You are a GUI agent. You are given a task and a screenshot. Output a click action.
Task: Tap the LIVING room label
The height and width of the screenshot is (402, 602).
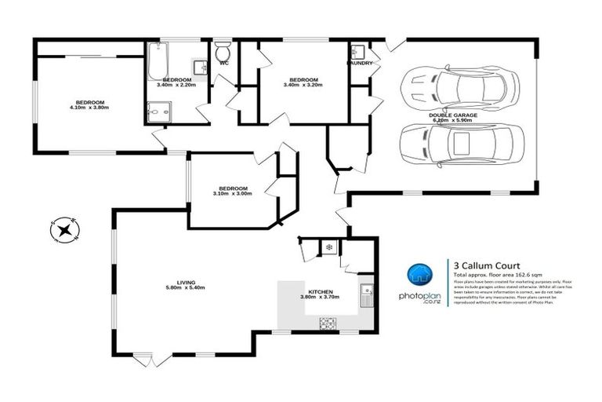click(185, 283)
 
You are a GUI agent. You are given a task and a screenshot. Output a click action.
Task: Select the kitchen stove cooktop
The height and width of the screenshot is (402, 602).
click(327, 320)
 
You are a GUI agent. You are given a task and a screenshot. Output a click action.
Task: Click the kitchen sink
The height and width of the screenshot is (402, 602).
click(366, 296)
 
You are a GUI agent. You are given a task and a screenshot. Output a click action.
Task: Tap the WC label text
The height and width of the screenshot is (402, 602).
click(224, 63)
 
